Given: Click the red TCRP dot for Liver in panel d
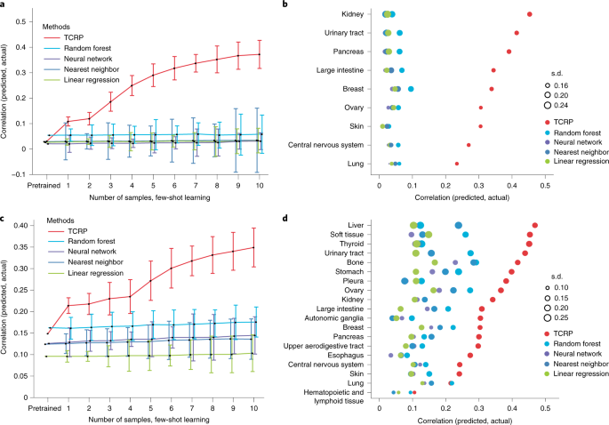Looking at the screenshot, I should (535, 226).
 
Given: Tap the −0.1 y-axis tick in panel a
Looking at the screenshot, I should (31, 174).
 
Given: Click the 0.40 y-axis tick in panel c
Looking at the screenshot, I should (30, 225).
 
